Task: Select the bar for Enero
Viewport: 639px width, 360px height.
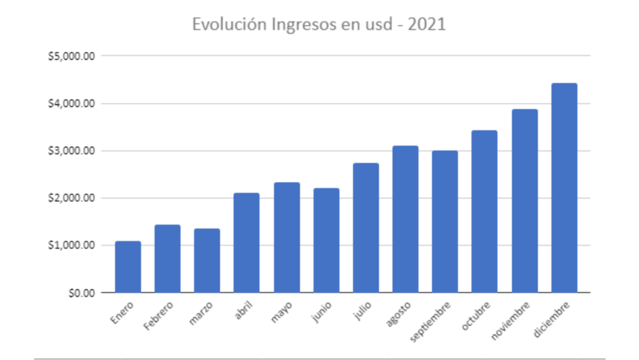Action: [128, 267]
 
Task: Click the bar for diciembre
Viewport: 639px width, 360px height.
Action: [564, 188]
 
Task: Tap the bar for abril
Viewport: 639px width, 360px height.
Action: [246, 243]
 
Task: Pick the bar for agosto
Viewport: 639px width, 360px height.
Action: [405, 219]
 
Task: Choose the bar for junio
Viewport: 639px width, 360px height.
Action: [326, 240]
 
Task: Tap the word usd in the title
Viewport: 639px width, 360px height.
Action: [376, 25]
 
